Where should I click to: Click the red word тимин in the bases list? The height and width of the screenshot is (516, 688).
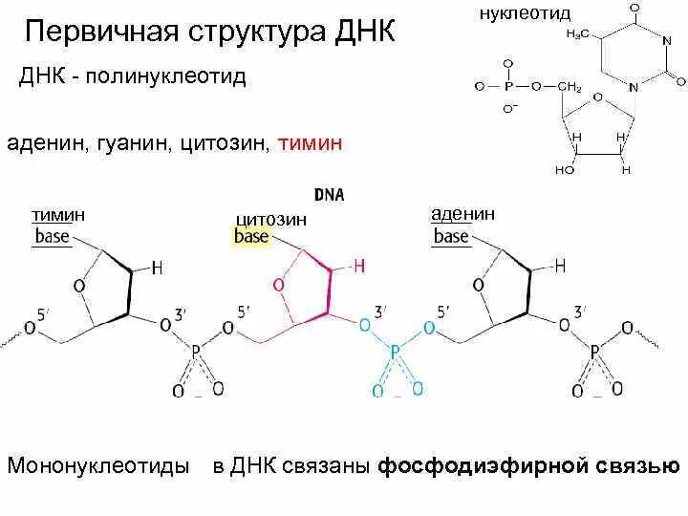tap(309, 144)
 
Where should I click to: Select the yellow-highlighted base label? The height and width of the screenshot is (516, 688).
tap(251, 235)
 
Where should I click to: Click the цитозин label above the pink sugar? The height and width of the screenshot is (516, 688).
tap(270, 218)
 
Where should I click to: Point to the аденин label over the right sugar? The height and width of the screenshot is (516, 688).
tap(462, 214)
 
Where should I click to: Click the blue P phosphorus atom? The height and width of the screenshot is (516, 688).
tap(395, 354)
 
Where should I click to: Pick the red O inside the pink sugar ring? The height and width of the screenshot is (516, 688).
tap(279, 285)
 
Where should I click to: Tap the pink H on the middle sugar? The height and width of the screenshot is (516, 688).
tap(359, 267)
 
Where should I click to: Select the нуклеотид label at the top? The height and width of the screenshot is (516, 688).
tap(523, 12)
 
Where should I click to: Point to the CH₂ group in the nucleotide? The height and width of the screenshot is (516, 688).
tap(570, 87)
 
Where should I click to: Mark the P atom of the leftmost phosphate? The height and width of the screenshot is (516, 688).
tap(195, 354)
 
